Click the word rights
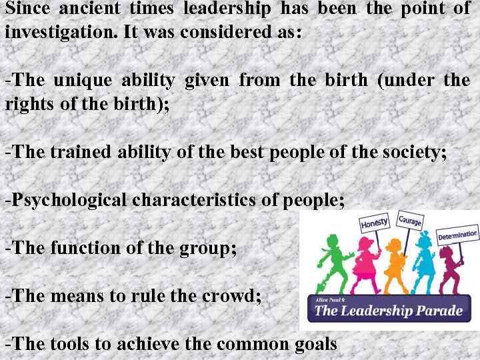[26, 105]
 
